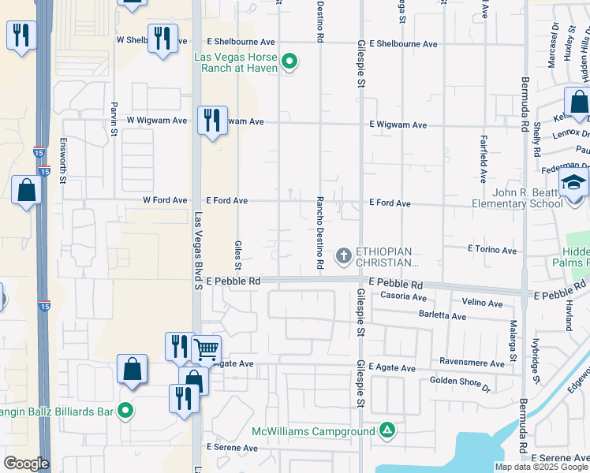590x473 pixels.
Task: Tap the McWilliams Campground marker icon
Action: click(x=386, y=430)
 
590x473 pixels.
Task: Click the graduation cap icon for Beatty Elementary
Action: click(x=574, y=184)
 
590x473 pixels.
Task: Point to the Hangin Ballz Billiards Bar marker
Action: click(x=125, y=410)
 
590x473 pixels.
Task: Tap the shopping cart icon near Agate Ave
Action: click(x=206, y=348)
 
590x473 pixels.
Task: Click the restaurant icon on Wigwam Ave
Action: click(x=211, y=120)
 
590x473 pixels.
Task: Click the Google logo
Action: click(x=27, y=464)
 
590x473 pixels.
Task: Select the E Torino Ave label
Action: click(x=491, y=250)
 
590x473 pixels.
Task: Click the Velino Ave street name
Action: click(x=483, y=303)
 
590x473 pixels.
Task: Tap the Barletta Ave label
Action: click(x=443, y=315)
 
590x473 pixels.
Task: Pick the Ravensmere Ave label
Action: click(x=472, y=364)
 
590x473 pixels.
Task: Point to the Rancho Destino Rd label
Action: click(x=320, y=233)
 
